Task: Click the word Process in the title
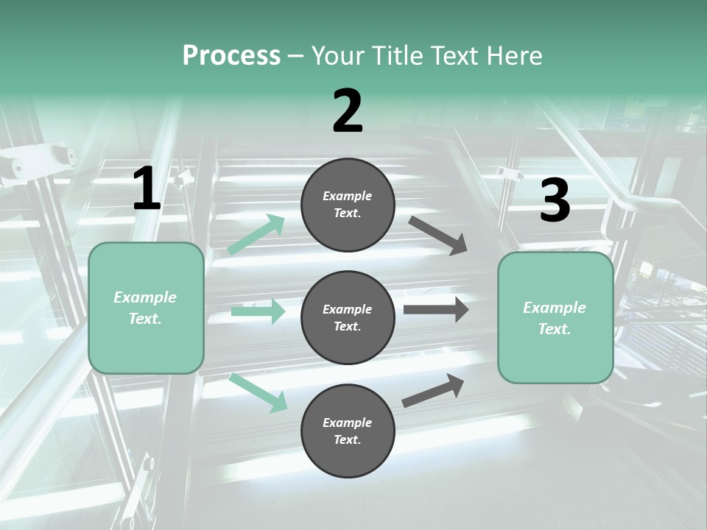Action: click(x=231, y=56)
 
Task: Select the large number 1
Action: click(x=147, y=189)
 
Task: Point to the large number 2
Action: click(x=348, y=111)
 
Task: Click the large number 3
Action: click(x=555, y=200)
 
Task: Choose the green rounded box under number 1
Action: click(x=146, y=308)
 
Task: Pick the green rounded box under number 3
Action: click(x=555, y=318)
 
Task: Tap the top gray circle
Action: click(x=348, y=205)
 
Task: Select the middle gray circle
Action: click(x=348, y=318)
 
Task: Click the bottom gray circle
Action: click(x=348, y=431)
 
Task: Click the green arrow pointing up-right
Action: click(x=256, y=235)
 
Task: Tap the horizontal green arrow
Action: click(x=258, y=311)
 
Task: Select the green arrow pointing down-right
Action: click(x=258, y=392)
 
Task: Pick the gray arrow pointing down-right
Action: click(x=438, y=236)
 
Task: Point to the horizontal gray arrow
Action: click(x=436, y=310)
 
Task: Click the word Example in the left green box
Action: click(x=145, y=297)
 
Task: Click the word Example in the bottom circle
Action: click(x=348, y=423)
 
